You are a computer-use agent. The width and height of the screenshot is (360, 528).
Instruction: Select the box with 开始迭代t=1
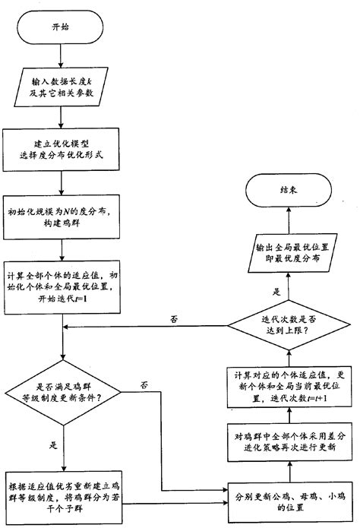pyautogui.click(x=60, y=289)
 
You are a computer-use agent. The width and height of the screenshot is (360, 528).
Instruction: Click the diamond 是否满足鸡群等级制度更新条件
pyautogui.click(x=60, y=393)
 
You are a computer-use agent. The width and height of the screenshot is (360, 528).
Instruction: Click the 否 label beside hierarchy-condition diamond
pyautogui.click(x=144, y=386)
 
